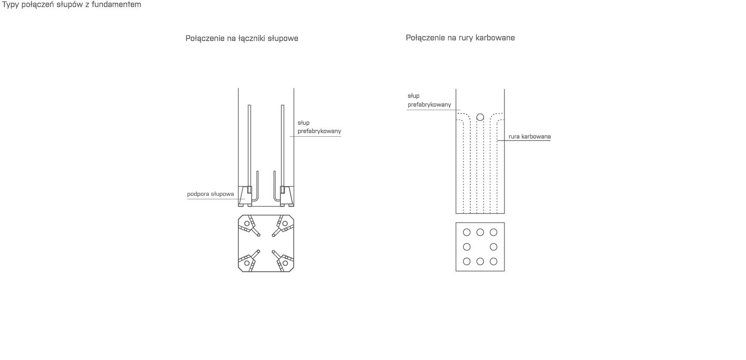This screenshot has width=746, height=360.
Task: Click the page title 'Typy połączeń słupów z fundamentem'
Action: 72,5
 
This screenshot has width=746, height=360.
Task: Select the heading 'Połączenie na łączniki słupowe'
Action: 242,38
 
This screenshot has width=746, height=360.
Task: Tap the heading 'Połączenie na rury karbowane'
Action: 460,38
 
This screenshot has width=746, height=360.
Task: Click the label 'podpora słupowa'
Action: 211,194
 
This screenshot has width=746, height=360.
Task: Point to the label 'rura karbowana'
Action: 529,137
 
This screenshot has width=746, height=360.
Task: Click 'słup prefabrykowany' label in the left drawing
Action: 319,127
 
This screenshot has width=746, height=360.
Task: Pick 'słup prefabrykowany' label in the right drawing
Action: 429,100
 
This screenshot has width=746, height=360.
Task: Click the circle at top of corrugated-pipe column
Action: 480,117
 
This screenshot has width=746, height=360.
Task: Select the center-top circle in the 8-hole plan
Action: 480,232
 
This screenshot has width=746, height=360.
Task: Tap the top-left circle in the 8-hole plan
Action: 467,232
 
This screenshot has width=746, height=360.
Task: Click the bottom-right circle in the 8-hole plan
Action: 493,261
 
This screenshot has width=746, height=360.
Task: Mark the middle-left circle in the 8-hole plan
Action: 467,247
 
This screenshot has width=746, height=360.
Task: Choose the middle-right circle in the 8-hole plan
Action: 493,247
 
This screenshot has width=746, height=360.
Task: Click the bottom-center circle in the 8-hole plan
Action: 480,261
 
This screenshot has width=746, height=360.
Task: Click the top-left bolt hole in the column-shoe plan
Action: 247,224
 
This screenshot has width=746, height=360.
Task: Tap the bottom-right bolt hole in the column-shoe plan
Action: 285,263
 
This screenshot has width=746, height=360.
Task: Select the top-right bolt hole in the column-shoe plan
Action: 285,224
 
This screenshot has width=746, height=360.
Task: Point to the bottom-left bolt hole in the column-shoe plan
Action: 247,263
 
